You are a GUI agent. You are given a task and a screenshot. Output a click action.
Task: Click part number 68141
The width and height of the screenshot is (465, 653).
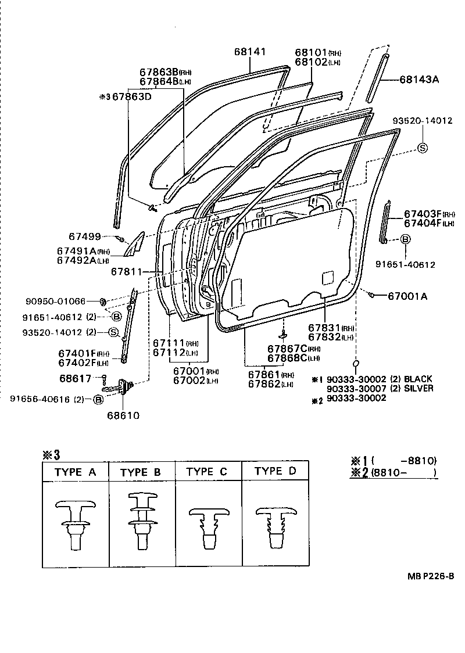coord(250,52)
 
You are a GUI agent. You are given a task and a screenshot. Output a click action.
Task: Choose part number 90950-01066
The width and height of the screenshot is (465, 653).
coord(56,301)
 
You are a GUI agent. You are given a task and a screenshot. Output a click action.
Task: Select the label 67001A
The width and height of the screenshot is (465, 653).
coord(407,296)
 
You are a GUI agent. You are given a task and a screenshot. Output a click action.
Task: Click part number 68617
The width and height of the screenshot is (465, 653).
coord(76,378)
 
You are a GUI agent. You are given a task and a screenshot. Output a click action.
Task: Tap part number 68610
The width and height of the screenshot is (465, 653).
coord(123,415)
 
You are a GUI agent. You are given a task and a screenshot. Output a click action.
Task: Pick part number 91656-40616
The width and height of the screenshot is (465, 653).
coord(40,399)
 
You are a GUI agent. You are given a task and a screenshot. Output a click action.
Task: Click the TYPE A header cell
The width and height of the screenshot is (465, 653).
coord(76,472)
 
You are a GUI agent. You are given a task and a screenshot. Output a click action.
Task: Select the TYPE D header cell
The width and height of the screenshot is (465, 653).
coord(275,471)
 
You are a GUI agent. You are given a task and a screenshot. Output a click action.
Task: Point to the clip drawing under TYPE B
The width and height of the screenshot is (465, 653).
coord(142,521)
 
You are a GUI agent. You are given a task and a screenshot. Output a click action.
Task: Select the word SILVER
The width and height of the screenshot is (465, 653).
coord(419,388)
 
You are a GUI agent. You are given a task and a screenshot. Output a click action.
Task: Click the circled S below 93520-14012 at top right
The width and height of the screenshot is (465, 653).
coord(423,148)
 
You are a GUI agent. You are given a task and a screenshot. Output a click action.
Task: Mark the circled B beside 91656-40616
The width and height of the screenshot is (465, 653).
coord(98,400)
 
